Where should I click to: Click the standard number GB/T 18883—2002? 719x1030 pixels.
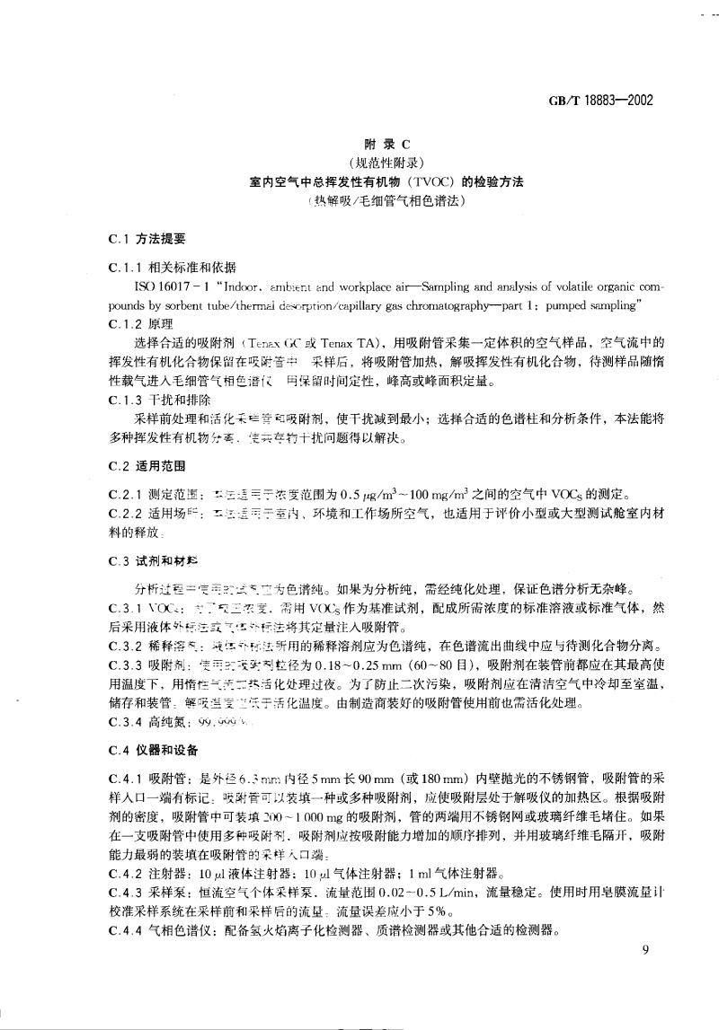coord(601,100)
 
